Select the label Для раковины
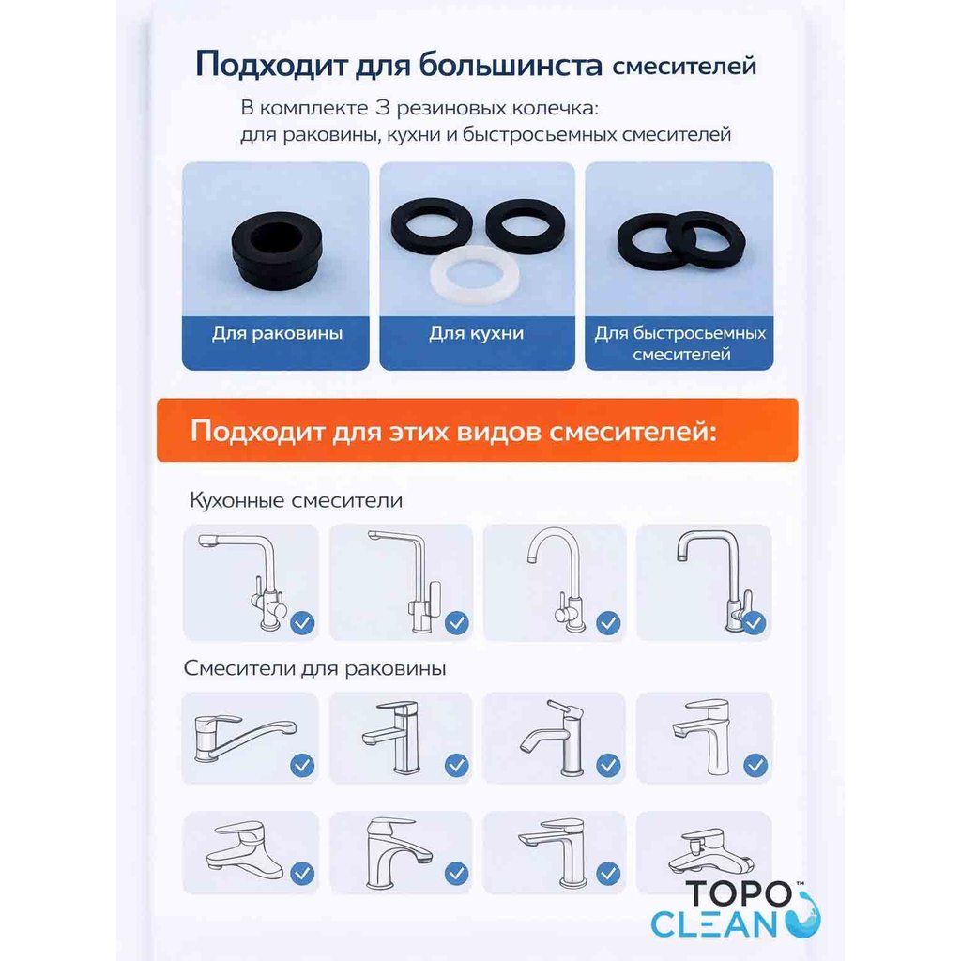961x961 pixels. pos(276,333)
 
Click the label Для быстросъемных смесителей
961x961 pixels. pos(679,343)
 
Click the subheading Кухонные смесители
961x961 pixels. pos(296,500)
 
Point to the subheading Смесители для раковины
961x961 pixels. pos(314,668)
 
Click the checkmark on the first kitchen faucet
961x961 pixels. pos(303,621)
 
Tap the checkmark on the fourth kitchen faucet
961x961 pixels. pos(755,621)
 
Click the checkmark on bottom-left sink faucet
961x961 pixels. pos(302,874)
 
